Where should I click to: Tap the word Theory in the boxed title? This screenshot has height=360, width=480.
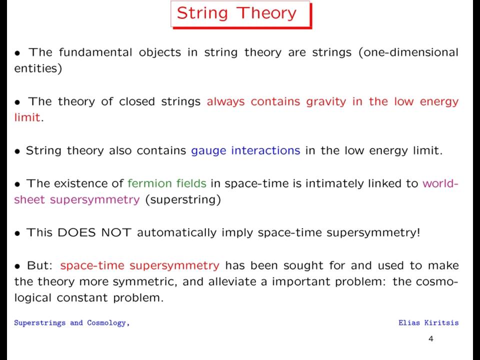tap(266, 13)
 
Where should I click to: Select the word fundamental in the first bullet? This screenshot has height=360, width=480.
tap(95, 52)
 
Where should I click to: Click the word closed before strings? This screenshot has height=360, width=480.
tap(137, 101)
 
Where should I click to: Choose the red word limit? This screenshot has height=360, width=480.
tap(27, 117)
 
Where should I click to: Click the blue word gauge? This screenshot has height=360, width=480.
tap(209, 151)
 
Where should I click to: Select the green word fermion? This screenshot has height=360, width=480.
tap(145, 183)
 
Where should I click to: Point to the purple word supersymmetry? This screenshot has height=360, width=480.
tap(95, 200)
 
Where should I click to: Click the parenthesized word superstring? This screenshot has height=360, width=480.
tap(183, 200)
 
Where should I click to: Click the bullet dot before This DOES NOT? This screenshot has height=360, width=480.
tap(17, 233)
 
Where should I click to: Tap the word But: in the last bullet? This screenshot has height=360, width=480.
tap(40, 265)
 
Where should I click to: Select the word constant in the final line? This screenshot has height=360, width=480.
tap(82, 298)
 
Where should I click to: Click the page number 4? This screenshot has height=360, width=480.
tap(431, 338)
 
